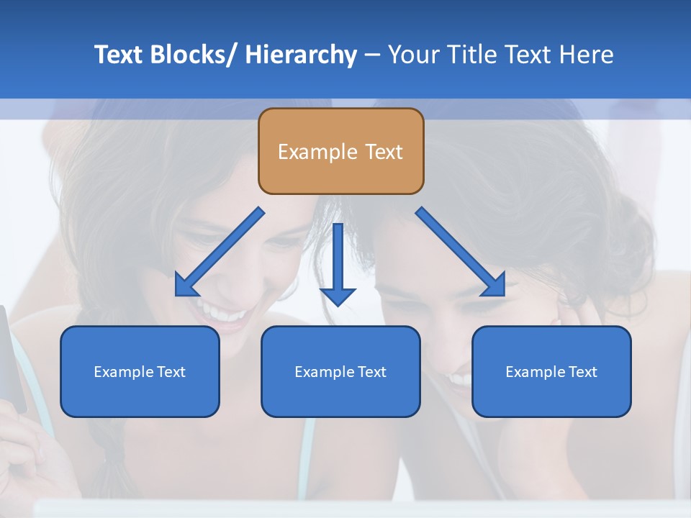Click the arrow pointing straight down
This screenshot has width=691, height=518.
pos(338,263)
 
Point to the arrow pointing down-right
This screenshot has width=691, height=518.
pos(461,252)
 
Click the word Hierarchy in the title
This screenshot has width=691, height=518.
pos(301,55)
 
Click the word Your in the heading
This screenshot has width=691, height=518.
pos(415,55)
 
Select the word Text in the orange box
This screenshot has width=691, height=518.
pos(383,152)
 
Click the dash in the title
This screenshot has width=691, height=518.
pos(372,55)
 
